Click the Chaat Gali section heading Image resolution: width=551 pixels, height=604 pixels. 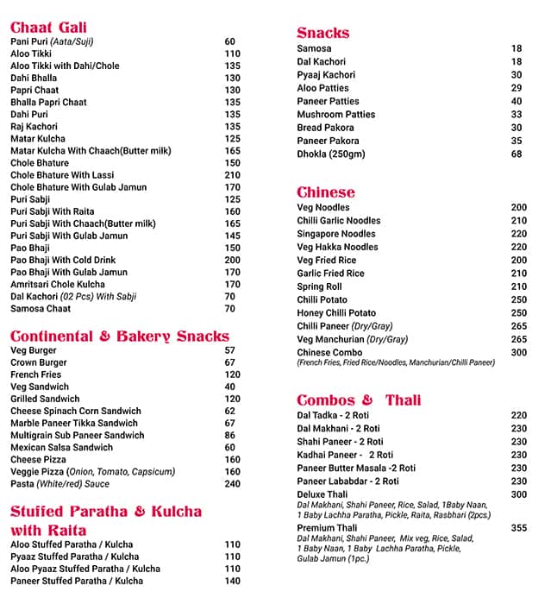coord(48,28)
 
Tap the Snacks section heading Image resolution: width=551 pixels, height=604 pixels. coord(322,33)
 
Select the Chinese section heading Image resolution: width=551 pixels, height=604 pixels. coord(325,192)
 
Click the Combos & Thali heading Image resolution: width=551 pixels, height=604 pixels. coord(359,400)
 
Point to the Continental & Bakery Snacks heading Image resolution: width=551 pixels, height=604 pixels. coord(120,336)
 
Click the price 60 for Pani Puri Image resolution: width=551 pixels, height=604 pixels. coord(230,41)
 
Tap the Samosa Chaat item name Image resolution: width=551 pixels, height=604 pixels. coord(41,308)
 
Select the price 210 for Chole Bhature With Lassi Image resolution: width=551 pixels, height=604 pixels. coord(233,175)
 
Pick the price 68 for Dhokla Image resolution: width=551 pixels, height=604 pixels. coord(517,154)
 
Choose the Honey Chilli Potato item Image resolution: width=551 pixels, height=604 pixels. coord(336,313)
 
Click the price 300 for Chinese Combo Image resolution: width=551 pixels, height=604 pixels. coord(518,353)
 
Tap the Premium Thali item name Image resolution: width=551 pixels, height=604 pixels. coord(327,528)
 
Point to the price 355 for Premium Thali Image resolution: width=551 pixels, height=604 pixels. coord(518,528)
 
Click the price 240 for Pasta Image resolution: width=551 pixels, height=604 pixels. coord(233,484)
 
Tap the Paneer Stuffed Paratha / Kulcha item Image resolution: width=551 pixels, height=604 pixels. coord(77,581)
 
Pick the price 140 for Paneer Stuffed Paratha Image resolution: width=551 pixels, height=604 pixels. coord(233,581)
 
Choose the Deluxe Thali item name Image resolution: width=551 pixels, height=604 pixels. coord(322,494)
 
